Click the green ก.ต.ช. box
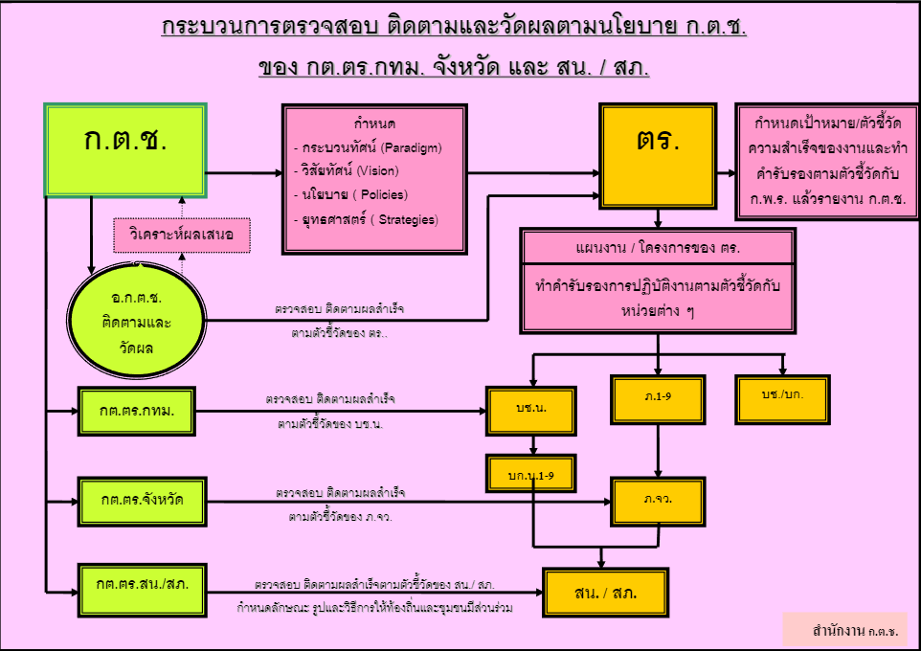point(125,149)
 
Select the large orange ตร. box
point(658,156)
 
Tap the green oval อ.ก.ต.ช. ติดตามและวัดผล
point(136,320)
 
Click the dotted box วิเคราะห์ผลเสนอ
point(182,235)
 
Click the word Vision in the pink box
point(377,171)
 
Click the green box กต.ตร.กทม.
point(136,412)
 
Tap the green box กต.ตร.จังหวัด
point(142,502)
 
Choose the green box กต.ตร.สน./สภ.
point(142,591)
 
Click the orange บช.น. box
point(531,411)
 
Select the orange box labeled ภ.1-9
point(658,399)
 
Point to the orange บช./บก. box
point(782,399)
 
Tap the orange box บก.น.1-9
point(531,474)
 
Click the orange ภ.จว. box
point(658,502)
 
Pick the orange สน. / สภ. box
point(606,593)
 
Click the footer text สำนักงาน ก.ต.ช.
point(855,632)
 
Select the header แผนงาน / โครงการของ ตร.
point(658,248)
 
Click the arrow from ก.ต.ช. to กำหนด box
point(244,172)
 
